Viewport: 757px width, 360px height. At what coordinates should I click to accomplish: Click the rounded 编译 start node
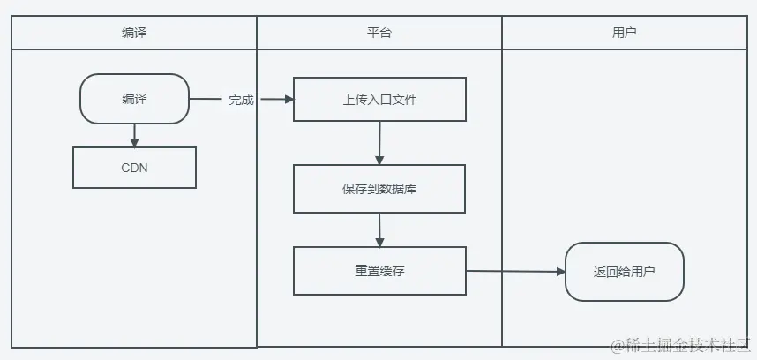point(134,99)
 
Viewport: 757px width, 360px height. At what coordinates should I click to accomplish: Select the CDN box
point(134,167)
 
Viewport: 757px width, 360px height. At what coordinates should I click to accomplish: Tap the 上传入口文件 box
point(379,99)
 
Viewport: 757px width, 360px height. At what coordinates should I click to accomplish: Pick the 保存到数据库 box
point(379,188)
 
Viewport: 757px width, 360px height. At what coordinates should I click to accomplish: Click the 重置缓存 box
point(379,271)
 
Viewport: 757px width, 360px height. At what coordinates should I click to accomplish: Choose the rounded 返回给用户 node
point(625,272)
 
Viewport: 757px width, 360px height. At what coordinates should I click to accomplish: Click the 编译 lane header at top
point(134,33)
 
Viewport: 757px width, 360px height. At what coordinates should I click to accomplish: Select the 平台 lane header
point(379,33)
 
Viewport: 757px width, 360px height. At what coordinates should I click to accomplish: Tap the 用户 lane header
point(625,33)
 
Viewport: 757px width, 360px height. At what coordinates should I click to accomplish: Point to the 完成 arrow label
point(241,100)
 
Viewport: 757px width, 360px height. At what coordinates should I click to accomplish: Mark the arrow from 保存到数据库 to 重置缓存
point(379,229)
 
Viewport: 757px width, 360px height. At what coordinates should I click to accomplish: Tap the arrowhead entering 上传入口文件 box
point(288,100)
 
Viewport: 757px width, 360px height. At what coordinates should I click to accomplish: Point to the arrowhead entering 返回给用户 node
point(559,272)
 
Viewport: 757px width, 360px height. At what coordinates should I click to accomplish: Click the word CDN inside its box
point(134,167)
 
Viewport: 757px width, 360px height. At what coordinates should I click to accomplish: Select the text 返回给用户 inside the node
point(625,272)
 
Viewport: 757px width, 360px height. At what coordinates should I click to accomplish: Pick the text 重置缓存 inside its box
point(379,271)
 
